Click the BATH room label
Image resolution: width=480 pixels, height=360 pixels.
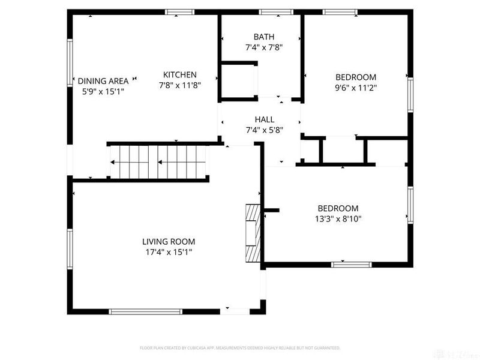[x=259, y=37]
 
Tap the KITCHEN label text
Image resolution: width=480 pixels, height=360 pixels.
[x=180, y=75]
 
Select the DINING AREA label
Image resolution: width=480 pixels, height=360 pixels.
[x=103, y=81]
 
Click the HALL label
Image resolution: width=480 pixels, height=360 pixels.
[x=264, y=119]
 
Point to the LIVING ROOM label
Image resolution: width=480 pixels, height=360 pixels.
[x=169, y=242]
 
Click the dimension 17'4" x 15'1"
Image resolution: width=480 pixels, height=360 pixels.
[x=169, y=252]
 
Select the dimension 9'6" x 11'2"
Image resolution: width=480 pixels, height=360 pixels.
[x=355, y=88]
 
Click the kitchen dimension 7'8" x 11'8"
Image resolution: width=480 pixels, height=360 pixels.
[x=180, y=85]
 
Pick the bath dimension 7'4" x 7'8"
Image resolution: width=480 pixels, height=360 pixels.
[x=259, y=47]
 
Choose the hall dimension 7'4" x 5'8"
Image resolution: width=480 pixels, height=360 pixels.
[x=264, y=130]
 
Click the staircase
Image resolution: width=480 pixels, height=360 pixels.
[x=157, y=162]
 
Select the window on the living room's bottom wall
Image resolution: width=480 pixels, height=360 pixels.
[x=145, y=311]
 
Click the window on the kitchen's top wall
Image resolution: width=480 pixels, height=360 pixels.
[x=180, y=12]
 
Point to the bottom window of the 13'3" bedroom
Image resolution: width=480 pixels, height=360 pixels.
[x=347, y=264]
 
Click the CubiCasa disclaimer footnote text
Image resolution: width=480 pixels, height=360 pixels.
[x=240, y=347]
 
